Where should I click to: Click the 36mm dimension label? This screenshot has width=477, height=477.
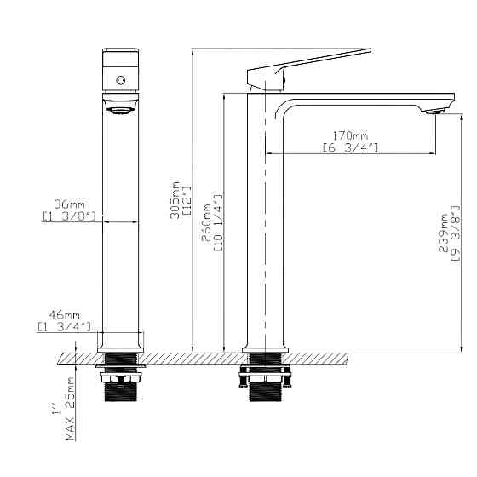tap(70, 205)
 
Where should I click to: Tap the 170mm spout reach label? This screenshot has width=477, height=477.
tap(350, 136)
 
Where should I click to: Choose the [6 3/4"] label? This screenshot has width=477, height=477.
tap(350, 148)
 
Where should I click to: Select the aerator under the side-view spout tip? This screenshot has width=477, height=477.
tap(434, 111)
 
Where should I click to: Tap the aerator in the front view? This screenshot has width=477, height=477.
tap(120, 106)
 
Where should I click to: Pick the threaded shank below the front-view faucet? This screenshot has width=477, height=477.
tap(120, 390)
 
